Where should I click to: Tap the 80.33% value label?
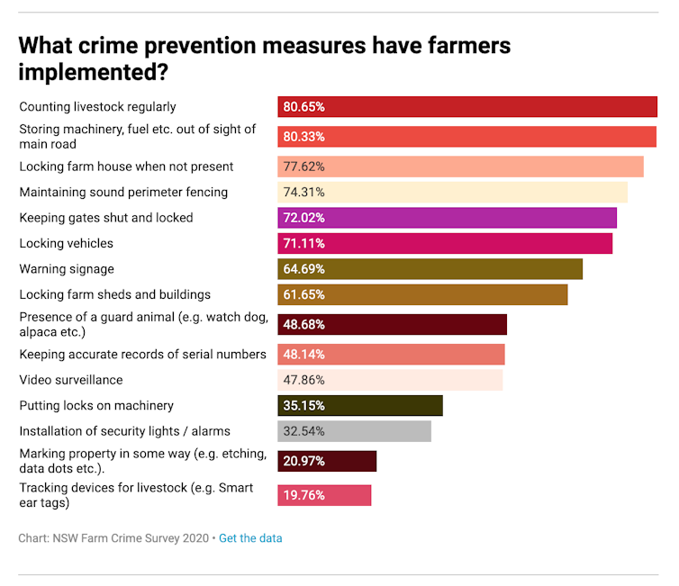click(303, 137)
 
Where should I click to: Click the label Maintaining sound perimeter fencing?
click(123, 192)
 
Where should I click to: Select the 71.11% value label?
click(303, 243)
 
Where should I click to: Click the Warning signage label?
click(67, 268)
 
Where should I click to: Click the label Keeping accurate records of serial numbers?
click(142, 354)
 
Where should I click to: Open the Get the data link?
click(250, 538)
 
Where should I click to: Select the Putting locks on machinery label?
click(96, 405)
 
